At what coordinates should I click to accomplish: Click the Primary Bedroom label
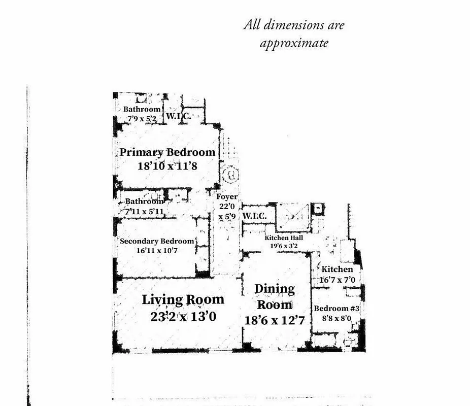click(167, 152)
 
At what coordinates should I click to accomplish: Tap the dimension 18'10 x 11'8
click(167, 165)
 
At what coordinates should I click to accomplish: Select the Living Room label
click(183, 299)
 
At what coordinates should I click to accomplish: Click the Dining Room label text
click(275, 296)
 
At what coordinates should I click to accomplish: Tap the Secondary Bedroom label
click(157, 241)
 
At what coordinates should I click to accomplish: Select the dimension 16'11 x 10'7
click(156, 250)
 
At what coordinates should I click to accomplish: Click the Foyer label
click(227, 197)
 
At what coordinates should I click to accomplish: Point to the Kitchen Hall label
click(284, 238)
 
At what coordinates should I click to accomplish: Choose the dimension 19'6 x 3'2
click(284, 246)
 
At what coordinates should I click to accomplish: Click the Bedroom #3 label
click(337, 309)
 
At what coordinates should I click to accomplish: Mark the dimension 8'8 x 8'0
click(337, 318)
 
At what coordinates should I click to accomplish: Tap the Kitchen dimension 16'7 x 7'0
click(337, 279)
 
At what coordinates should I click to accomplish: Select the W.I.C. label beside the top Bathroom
click(178, 117)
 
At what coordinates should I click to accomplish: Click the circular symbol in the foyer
click(230, 176)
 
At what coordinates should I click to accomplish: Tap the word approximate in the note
click(294, 44)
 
